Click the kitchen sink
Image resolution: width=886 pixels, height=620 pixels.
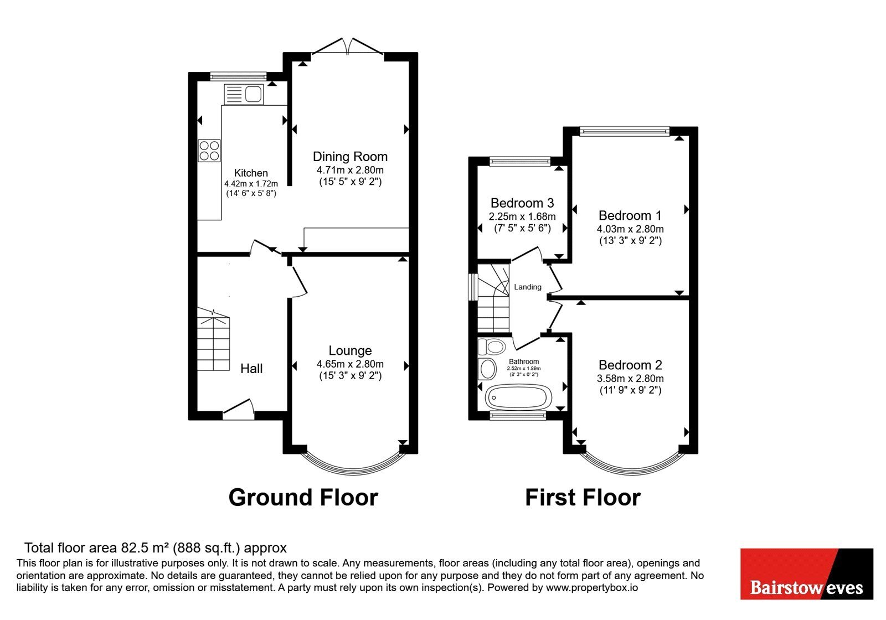click(244, 95)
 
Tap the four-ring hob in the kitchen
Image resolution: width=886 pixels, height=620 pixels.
click(209, 151)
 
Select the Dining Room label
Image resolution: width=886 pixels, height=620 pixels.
click(350, 157)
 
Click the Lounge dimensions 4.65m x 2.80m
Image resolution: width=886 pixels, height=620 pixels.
click(350, 364)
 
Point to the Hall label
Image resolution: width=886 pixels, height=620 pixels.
click(251, 369)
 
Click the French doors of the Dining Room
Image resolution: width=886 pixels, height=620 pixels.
click(348, 46)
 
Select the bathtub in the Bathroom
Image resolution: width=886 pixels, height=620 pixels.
click(518, 397)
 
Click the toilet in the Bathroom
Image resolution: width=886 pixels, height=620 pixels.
click(492, 347)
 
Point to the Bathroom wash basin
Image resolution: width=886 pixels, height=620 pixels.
click(487, 369)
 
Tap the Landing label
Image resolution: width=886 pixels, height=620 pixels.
click(528, 287)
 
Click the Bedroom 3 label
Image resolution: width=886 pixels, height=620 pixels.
click(522, 203)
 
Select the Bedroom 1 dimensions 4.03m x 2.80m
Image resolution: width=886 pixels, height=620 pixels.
click(630, 229)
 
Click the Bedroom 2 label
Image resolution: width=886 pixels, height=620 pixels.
click(630, 365)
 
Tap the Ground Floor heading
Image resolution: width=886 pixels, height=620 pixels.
click(303, 498)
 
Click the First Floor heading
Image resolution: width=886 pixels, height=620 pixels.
click(583, 498)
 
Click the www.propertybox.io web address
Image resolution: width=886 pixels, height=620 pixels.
click(592, 587)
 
